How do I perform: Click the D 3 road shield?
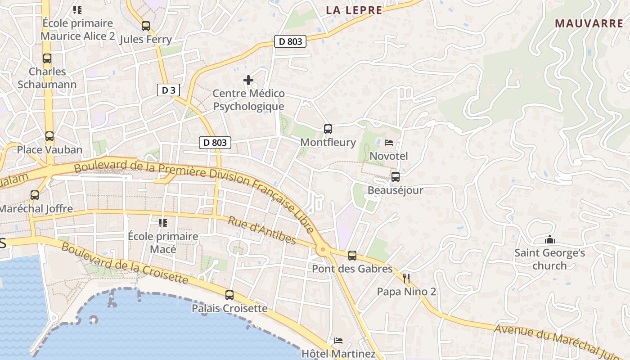[168, 90]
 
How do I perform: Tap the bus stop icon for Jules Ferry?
[145, 26]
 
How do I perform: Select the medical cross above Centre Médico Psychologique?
[248, 80]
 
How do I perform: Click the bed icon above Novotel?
[389, 143]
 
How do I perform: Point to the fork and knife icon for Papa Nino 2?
[406, 279]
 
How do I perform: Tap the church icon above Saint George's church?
[549, 240]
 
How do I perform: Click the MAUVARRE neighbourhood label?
[589, 24]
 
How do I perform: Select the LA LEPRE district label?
[354, 10]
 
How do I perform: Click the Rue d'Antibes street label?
[262, 230]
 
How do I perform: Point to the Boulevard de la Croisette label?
[124, 263]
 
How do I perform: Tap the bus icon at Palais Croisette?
[229, 295]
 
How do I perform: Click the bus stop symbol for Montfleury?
[328, 129]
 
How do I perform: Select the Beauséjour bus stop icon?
[395, 177]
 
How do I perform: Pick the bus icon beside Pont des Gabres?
[352, 256]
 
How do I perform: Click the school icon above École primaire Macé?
[162, 223]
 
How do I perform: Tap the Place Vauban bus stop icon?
[49, 136]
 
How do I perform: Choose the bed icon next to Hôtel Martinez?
[338, 341]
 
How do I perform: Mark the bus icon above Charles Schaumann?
[47, 58]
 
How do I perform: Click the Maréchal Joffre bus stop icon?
[35, 195]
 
